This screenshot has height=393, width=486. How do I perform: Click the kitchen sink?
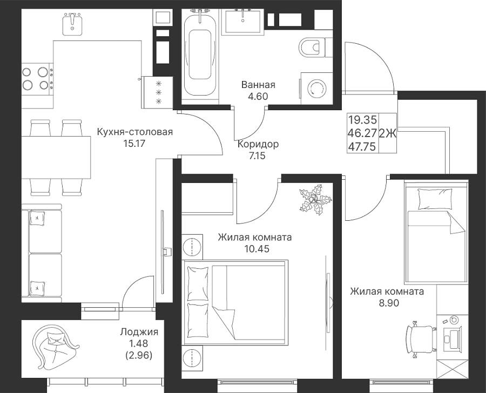72,24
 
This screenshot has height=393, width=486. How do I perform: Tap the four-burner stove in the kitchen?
37,79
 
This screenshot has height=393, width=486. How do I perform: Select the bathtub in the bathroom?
200,52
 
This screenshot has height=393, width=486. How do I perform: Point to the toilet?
312,48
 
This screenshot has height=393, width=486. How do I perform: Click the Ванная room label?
258,85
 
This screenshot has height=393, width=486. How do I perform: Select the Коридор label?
258,144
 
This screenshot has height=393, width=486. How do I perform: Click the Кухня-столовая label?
134,132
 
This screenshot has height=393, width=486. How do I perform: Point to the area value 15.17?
134,144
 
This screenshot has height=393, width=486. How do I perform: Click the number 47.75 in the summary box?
362,146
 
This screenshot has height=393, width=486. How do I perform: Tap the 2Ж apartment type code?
387,133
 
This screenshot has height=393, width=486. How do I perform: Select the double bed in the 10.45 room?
235,302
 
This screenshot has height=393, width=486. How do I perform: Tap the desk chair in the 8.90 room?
421,340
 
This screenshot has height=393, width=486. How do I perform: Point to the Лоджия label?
139,332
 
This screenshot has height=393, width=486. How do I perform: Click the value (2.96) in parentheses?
139,356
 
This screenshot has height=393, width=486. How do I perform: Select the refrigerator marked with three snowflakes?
158,92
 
